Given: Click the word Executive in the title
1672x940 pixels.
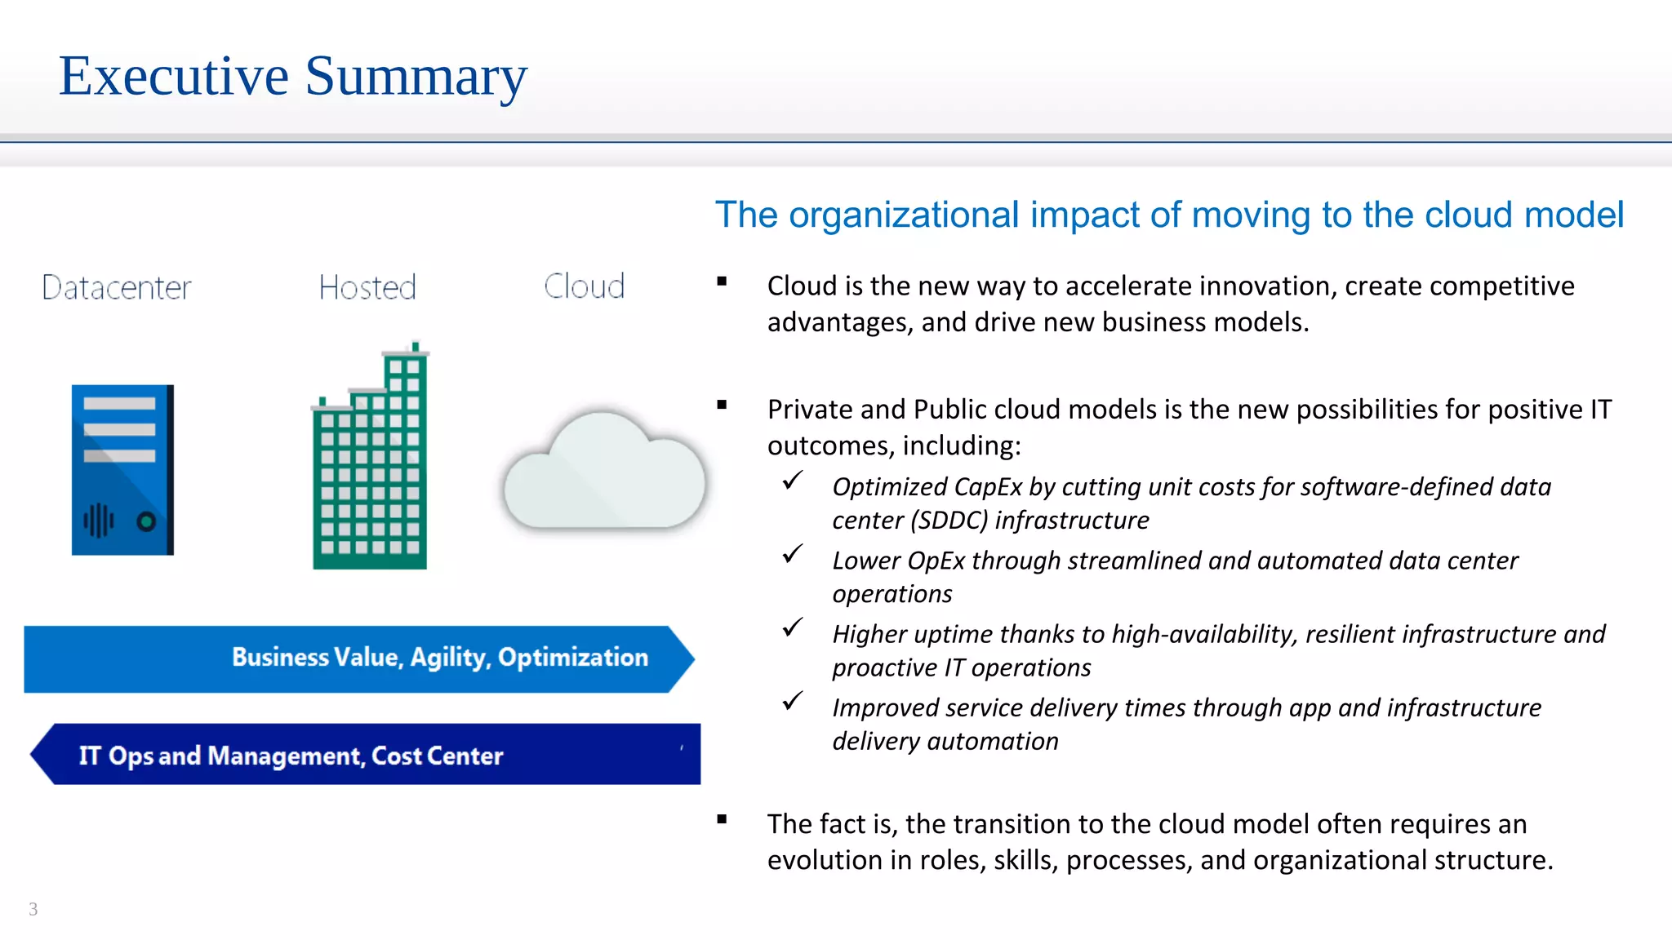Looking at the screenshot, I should [174, 76].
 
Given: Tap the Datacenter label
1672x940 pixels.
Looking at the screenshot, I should [116, 287].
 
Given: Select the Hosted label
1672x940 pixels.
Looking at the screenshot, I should [367, 287].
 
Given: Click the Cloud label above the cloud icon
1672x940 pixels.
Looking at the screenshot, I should [584, 286].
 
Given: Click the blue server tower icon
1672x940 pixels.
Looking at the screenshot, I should [122, 469].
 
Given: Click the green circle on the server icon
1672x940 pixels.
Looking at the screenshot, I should [146, 521].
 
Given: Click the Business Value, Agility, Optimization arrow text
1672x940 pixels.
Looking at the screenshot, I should [439, 657].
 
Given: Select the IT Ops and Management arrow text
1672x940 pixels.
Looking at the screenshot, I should [291, 756].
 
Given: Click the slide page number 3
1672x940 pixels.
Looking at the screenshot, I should [33, 909].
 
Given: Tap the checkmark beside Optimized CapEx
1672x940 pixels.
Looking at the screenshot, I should [792, 481].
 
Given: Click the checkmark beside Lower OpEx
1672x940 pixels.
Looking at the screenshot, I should [792, 554].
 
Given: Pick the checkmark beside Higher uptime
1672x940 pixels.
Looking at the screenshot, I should [792, 627].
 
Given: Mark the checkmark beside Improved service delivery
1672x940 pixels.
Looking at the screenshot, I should [792, 701].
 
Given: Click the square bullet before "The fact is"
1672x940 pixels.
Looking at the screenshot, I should [722, 820].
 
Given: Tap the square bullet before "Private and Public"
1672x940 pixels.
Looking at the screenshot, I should [722, 405].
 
